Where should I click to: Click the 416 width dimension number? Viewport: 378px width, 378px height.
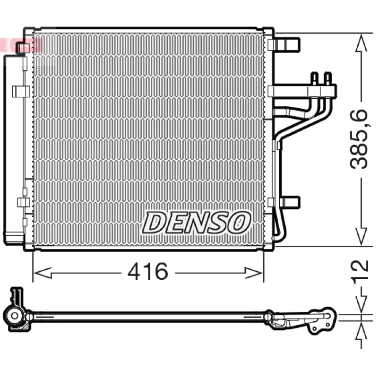point(147,271)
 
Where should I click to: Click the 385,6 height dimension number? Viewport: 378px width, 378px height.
point(359,139)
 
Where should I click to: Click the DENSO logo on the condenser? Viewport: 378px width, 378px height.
point(197,223)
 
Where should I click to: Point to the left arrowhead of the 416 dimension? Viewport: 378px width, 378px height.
point(43,273)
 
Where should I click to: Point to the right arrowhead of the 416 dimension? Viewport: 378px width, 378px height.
point(254,273)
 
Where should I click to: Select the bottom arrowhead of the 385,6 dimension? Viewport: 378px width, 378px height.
point(361,237)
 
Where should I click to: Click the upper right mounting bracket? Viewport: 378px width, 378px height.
point(284,44)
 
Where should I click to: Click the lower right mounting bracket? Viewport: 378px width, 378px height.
point(284,202)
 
